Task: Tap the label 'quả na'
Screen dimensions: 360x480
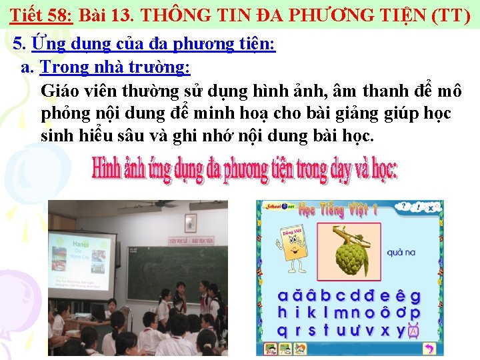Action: coord(401,253)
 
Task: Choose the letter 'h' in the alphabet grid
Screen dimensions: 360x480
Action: coord(283,313)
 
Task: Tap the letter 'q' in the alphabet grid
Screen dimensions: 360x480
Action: coord(283,329)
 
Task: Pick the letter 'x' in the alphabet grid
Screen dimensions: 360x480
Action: coord(385,329)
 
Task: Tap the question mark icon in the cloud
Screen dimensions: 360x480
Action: coord(415,209)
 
